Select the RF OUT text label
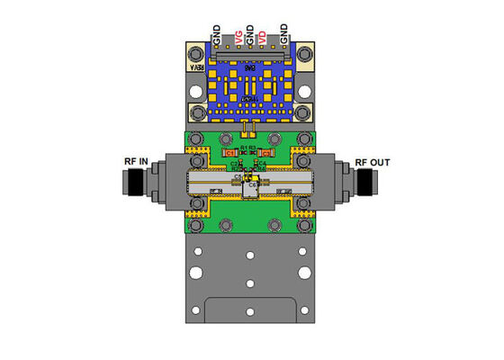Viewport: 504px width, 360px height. click(373, 162)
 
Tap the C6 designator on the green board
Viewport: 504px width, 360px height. click(253, 185)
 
